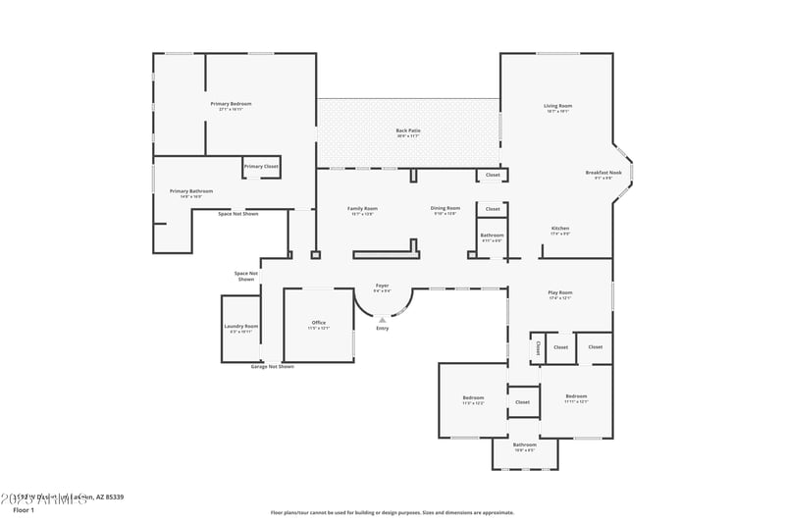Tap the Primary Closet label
pyautogui.click(x=261, y=167)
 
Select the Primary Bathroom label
pyautogui.click(x=191, y=191)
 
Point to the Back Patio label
pyautogui.click(x=408, y=131)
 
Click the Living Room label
pyautogui.click(x=558, y=106)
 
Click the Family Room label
pyautogui.click(x=362, y=208)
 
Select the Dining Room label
pyautogui.click(x=445, y=208)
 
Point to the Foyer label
pyautogui.click(x=382, y=286)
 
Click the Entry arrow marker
pyautogui.click(x=382, y=319)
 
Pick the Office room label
pyautogui.click(x=318, y=323)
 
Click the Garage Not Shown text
pyautogui.click(x=272, y=367)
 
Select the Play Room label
pyautogui.click(x=559, y=292)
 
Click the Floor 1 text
pyautogui.click(x=24, y=510)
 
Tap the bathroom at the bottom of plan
pyautogui.click(x=524, y=446)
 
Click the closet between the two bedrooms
pyautogui.click(x=522, y=401)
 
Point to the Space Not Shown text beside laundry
pyautogui.click(x=246, y=276)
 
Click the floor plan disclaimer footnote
pyautogui.click(x=392, y=512)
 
